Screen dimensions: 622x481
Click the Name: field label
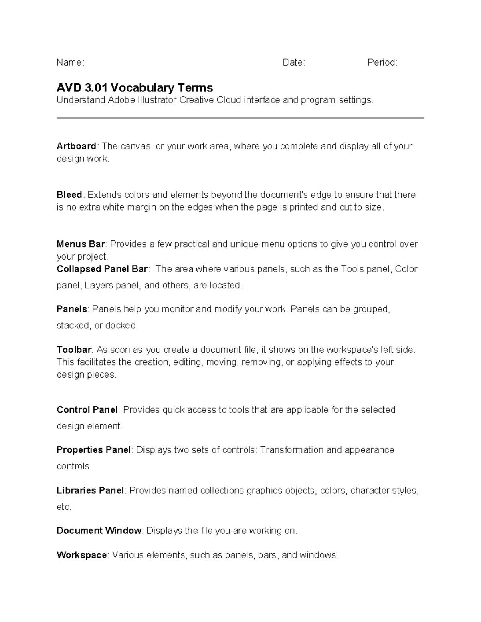click(70, 62)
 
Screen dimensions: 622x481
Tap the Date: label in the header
click(294, 62)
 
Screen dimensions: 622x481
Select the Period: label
click(382, 62)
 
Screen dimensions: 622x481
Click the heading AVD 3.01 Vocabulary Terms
click(135, 87)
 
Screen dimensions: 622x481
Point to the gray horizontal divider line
click(240, 118)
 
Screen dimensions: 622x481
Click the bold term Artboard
click(76, 146)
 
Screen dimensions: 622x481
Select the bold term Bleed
click(69, 195)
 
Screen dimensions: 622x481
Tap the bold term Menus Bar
click(81, 244)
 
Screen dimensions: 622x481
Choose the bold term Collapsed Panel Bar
click(102, 269)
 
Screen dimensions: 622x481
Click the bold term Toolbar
click(74, 350)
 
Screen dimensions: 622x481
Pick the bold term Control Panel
click(87, 410)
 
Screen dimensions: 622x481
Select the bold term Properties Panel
click(93, 450)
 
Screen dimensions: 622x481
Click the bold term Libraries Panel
click(90, 491)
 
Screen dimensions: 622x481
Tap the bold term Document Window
click(99, 531)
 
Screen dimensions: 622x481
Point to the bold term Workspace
click(81, 555)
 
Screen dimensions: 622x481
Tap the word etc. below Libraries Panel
click(64, 507)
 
